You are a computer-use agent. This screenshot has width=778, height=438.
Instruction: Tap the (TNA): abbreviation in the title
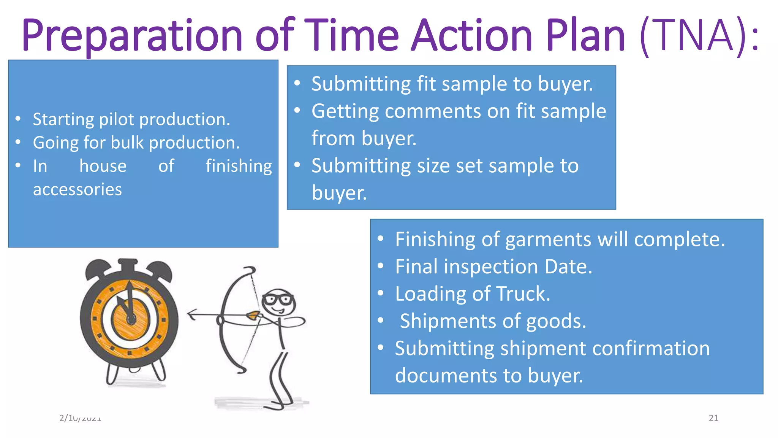(x=699, y=36)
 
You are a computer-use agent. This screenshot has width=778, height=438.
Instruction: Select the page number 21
(x=713, y=418)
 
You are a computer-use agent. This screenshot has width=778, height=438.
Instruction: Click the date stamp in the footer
(x=80, y=418)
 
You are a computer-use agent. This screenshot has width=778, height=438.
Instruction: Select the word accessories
(x=77, y=189)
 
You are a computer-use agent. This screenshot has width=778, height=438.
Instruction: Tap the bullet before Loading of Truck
(x=381, y=294)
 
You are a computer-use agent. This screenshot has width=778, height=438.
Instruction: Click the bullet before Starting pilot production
(x=18, y=119)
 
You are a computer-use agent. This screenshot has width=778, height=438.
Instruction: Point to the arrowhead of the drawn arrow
(x=192, y=315)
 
